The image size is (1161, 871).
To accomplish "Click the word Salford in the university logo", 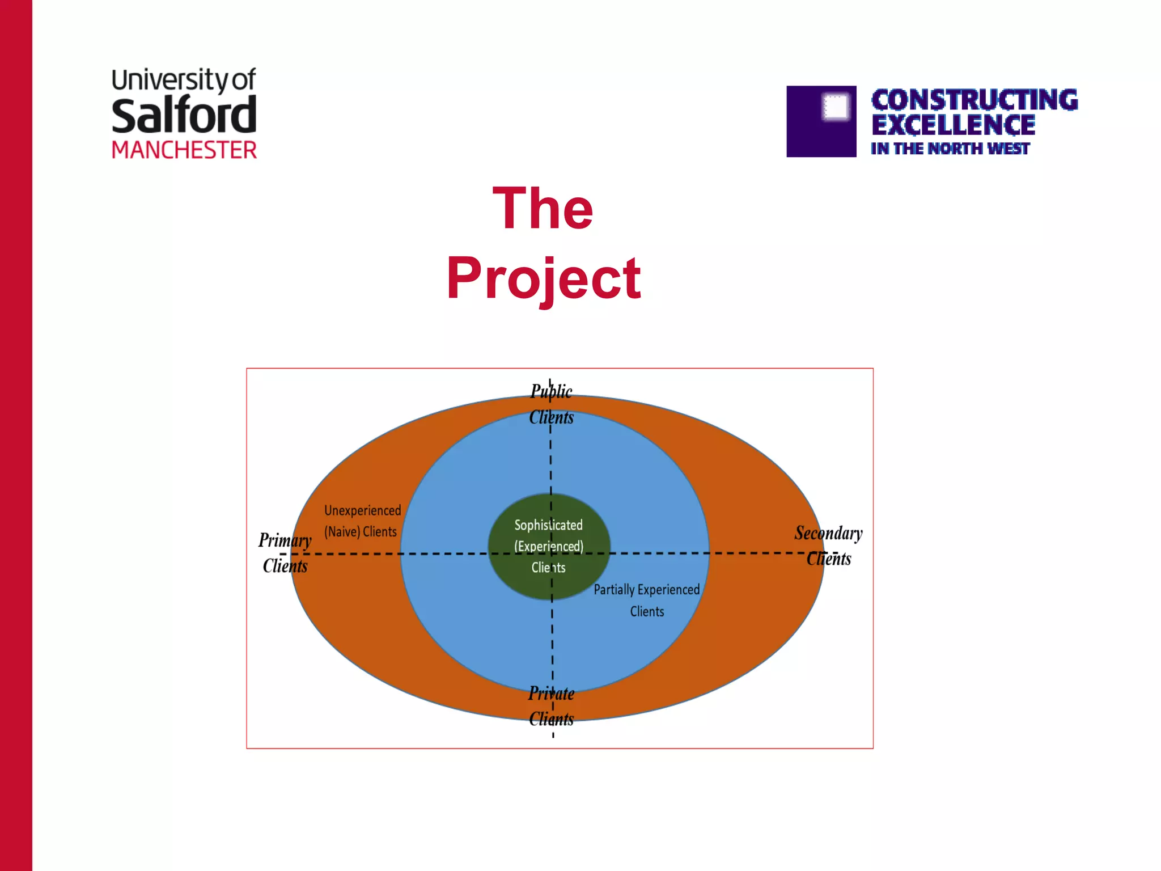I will pyautogui.click(x=184, y=116).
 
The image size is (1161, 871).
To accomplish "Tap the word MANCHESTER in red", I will pyautogui.click(x=184, y=150).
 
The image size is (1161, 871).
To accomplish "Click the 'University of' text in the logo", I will pyautogui.click(x=184, y=80).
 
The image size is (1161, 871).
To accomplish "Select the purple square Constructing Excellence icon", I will pyautogui.click(x=821, y=121).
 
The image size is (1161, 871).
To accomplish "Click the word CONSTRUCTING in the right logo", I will pyautogui.click(x=974, y=100).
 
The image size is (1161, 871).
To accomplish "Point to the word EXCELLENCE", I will pyautogui.click(x=953, y=125).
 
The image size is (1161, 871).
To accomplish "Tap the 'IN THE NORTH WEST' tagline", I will pyautogui.click(x=950, y=149).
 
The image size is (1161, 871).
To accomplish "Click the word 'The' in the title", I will pyautogui.click(x=543, y=209).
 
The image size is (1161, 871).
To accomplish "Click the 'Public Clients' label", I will pyautogui.click(x=551, y=404).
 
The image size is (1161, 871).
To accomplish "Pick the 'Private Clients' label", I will pyautogui.click(x=551, y=706).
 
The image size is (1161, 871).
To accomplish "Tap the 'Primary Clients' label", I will pyautogui.click(x=285, y=553).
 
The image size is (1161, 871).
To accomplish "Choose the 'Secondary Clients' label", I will pyautogui.click(x=828, y=546).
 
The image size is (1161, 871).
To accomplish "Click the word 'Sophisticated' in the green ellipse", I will pyautogui.click(x=548, y=525).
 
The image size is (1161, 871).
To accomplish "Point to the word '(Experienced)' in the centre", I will pyautogui.click(x=548, y=546).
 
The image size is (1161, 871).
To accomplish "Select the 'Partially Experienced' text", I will pyautogui.click(x=646, y=590).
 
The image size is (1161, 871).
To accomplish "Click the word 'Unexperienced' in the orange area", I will pyautogui.click(x=362, y=510).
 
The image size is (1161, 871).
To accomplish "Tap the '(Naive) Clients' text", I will pyautogui.click(x=360, y=532).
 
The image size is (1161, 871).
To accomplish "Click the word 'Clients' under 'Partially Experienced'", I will pyautogui.click(x=647, y=612).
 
